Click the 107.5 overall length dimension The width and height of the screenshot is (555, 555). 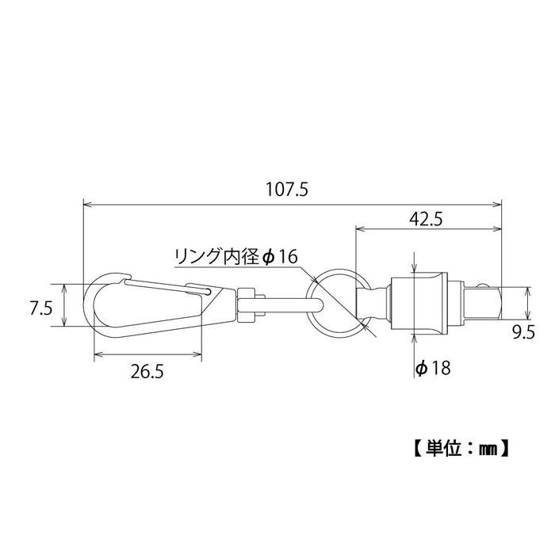pos(287,189)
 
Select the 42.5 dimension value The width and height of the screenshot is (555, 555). pos(427,220)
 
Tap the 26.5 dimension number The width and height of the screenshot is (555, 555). pos(147,372)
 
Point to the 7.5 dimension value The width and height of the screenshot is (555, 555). pos(41,308)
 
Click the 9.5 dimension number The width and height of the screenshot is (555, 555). pos(523,333)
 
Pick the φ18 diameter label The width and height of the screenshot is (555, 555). pos(433,369)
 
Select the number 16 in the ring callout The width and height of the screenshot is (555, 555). pos(287,257)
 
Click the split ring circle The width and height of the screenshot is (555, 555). pos(308,303)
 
